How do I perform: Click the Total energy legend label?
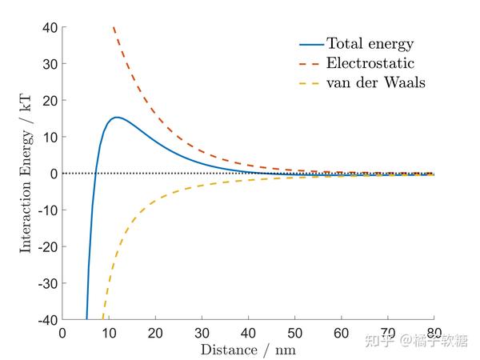pos(370,44)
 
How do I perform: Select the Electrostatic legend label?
pos(369,62)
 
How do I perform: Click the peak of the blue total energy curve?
pos(117,118)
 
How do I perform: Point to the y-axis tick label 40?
pos(48,28)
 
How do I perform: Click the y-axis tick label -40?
pos(45,320)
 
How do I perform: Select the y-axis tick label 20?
pos(48,101)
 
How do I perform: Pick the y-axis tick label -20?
pos(45,247)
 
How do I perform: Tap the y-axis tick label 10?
pos(48,138)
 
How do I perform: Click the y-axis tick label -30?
pos(45,283)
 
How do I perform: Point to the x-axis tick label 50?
pos(294,333)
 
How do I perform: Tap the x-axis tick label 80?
pos(434,333)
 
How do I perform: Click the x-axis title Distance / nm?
pos(248,350)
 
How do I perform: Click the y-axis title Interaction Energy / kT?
pos(26,174)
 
